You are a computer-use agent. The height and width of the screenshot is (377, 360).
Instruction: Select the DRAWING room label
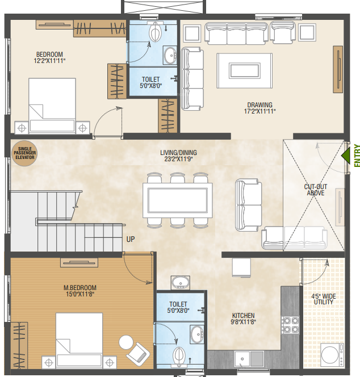(259, 104)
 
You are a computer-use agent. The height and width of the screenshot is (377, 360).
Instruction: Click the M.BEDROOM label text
(79, 287)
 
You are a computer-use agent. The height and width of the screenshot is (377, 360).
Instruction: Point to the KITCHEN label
(243, 316)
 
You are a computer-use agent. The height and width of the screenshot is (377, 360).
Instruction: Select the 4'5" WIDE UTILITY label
(322, 300)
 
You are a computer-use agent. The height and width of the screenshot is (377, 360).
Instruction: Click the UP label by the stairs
(130, 239)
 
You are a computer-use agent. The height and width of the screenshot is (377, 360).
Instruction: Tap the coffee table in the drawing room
(246, 70)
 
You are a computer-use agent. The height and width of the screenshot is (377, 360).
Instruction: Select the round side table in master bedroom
(125, 342)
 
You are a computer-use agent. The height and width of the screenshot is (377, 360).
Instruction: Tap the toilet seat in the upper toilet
(154, 34)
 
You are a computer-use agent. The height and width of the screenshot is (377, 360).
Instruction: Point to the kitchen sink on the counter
(243, 358)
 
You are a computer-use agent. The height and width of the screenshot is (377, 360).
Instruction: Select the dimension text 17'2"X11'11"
(259, 111)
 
